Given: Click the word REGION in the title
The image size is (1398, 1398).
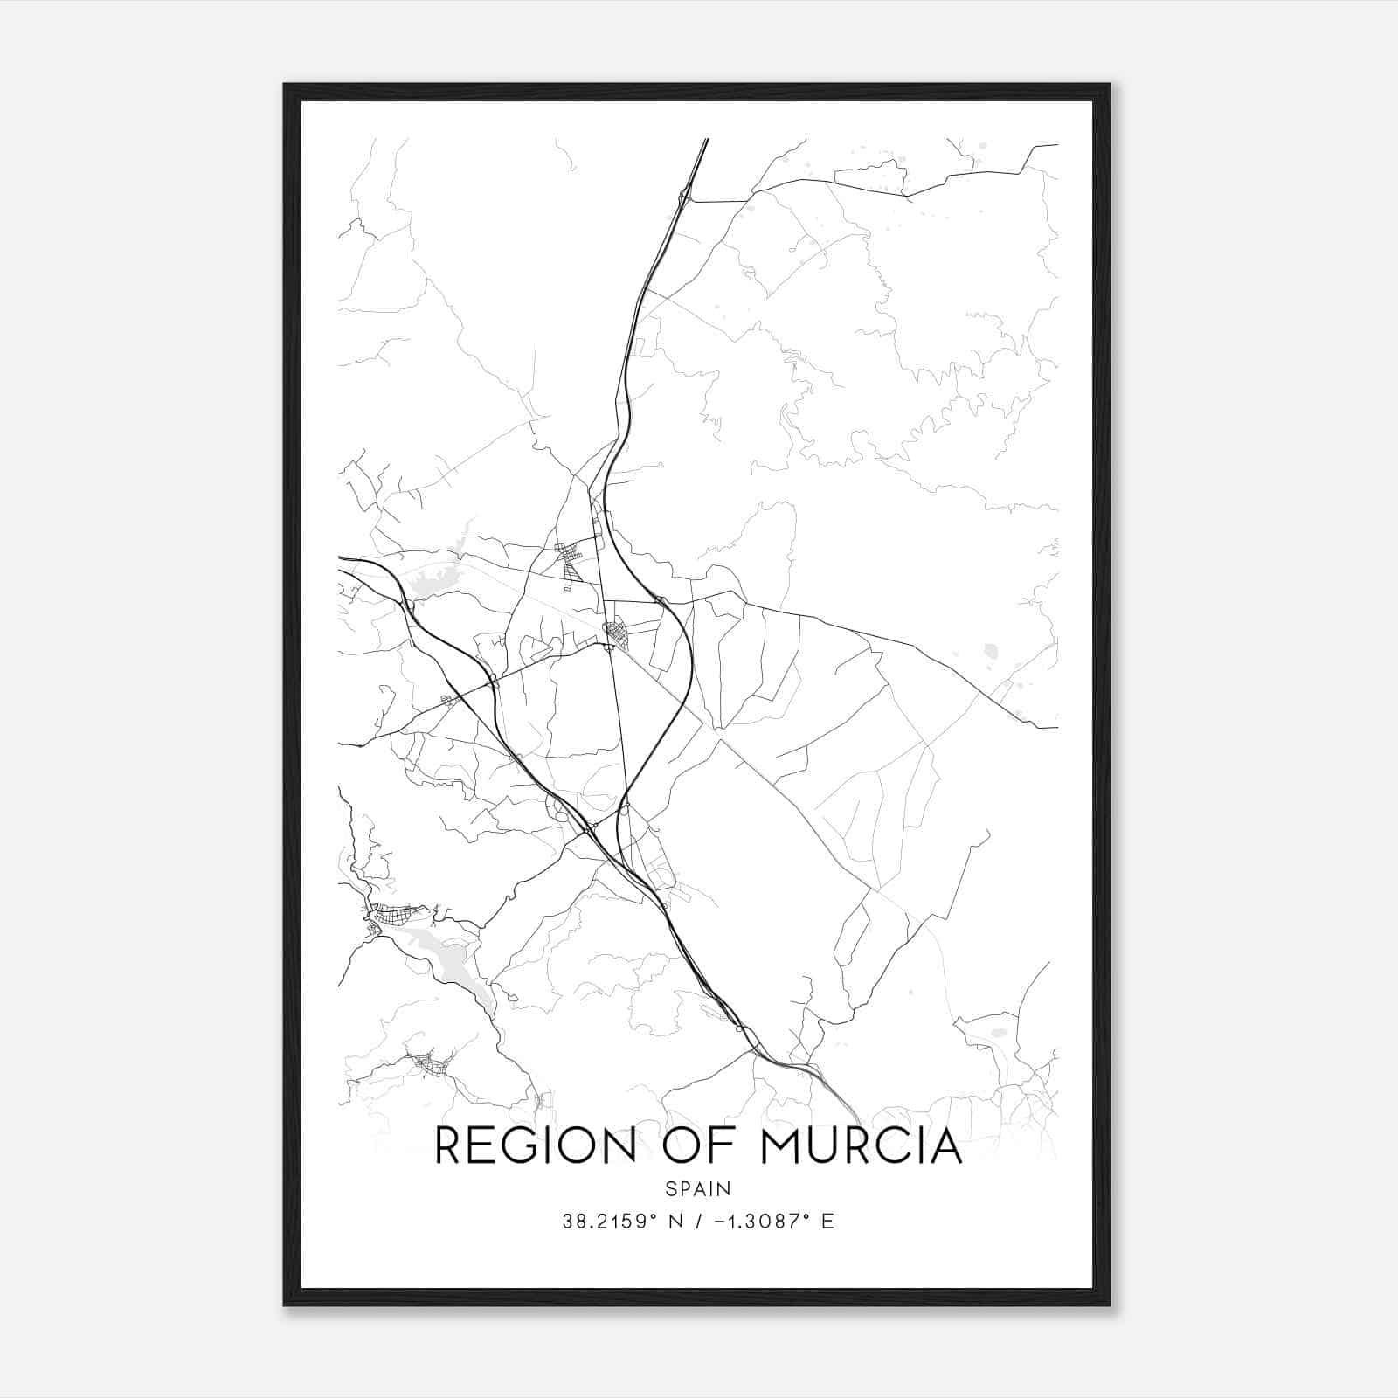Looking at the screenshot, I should pyautogui.click(x=536, y=1145).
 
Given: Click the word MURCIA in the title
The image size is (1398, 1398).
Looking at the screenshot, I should pyautogui.click(x=862, y=1145).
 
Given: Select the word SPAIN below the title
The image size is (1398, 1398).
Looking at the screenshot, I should pyautogui.click(x=698, y=1188).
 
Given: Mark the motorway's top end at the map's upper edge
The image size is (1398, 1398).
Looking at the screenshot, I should pyautogui.click(x=706, y=140).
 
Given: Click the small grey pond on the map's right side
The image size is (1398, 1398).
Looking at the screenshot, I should pyautogui.click(x=990, y=650).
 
